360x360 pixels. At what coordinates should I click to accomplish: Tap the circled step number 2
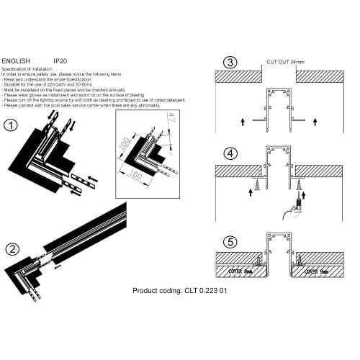tap(12, 250)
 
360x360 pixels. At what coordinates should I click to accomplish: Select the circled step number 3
tap(229, 62)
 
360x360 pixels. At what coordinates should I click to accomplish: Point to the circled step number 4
tap(230, 153)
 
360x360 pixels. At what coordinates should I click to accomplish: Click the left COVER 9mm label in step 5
tap(237, 271)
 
